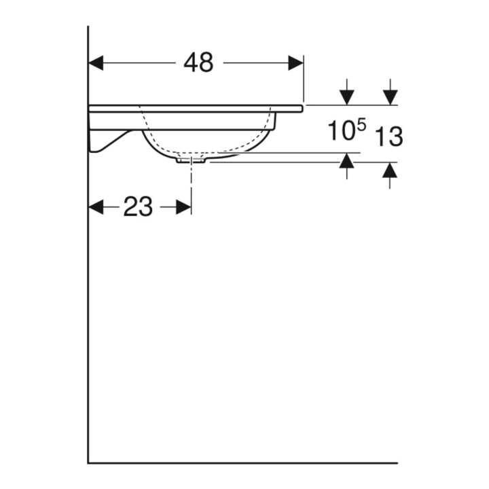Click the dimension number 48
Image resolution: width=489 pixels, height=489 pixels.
tap(198, 62)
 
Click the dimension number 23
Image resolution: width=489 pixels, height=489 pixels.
tap(138, 206)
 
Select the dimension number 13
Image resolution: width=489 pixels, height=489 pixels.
tap(388, 137)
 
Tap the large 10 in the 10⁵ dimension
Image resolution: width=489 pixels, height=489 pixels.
tap(342, 130)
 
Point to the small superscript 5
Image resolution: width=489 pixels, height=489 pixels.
tap(361, 126)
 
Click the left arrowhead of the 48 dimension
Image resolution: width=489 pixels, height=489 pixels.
tap(96, 62)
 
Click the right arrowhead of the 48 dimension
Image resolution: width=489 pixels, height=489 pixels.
tap(295, 62)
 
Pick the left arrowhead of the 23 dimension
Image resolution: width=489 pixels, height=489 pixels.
tap(96, 206)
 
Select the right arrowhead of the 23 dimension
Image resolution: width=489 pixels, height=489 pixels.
tap(183, 206)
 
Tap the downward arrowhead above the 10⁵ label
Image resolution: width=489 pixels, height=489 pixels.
tap(347, 97)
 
